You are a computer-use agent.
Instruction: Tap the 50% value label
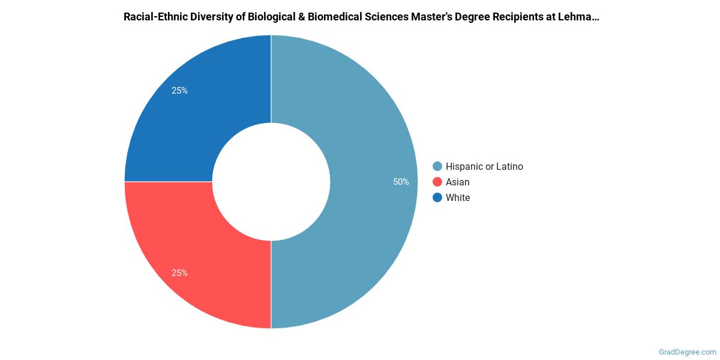(x=401, y=182)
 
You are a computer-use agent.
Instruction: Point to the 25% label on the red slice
(x=179, y=273)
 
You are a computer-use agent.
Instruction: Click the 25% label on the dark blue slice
(x=179, y=91)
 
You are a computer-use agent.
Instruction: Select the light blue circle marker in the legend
(x=437, y=166)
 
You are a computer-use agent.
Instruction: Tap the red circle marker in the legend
(x=437, y=182)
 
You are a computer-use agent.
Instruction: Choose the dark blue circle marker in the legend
(x=437, y=197)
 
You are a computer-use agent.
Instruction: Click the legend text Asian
(x=458, y=182)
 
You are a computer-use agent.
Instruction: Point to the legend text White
(x=458, y=197)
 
